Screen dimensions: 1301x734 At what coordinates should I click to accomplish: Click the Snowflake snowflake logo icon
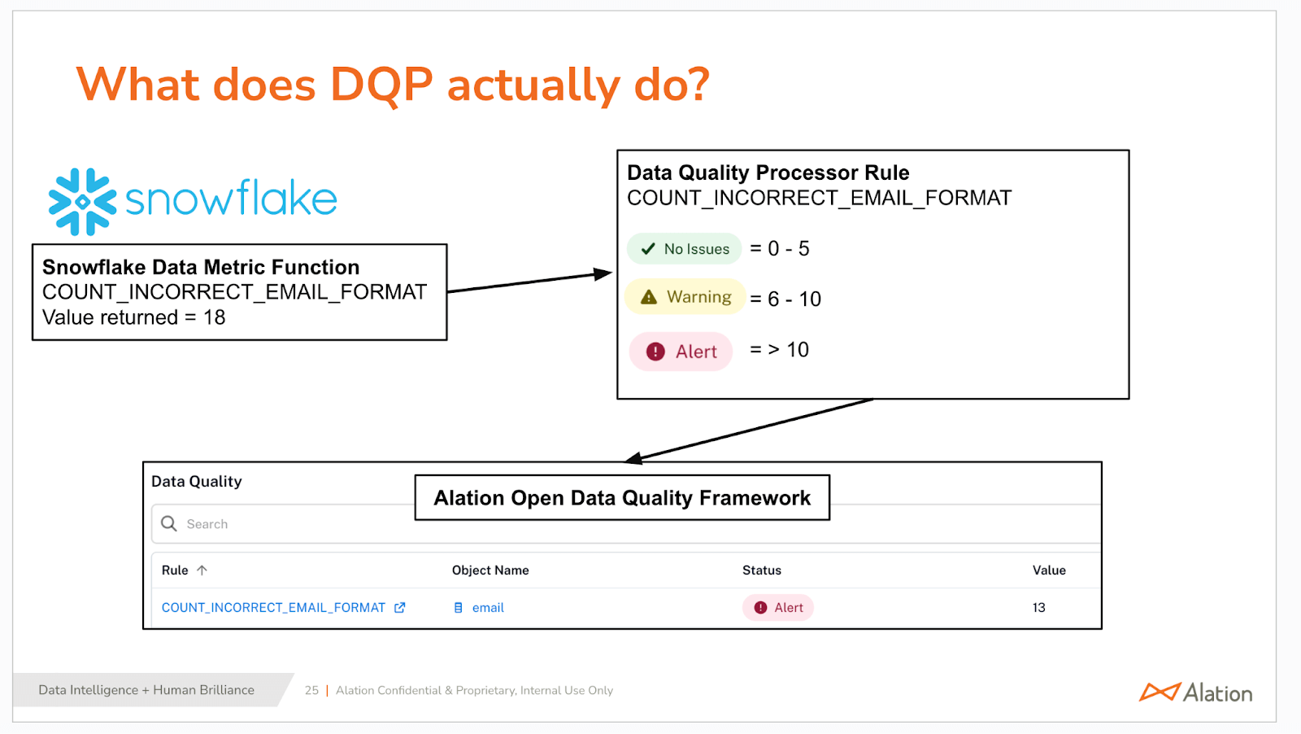point(82,202)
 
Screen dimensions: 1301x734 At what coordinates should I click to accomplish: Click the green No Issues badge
point(684,249)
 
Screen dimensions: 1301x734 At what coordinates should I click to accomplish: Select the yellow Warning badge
point(685,297)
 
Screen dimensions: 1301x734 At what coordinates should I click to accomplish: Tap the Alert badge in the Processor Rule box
point(681,352)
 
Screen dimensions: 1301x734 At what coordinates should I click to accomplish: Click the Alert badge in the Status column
point(777,607)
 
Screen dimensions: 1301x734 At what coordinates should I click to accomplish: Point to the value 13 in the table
point(1038,607)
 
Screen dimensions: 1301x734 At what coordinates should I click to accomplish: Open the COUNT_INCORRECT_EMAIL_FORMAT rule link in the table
point(273,607)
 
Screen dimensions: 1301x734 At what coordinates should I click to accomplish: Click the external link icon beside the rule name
point(399,607)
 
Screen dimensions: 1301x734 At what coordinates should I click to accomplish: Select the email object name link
point(487,607)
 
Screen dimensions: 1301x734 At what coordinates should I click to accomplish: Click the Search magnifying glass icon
point(169,523)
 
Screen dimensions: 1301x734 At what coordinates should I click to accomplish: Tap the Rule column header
point(175,570)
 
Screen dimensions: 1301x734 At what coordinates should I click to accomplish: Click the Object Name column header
point(490,570)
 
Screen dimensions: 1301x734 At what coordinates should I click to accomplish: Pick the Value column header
point(1049,570)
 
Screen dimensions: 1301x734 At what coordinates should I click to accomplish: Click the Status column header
point(761,570)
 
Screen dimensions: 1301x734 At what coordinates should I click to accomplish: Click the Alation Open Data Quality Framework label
point(622,498)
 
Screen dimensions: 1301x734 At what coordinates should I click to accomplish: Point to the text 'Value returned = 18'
point(133,317)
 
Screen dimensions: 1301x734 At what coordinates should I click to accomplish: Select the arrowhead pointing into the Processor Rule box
point(603,273)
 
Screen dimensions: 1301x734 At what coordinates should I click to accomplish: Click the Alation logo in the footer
point(1196,692)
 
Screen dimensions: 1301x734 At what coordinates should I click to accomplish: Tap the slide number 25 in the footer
point(311,690)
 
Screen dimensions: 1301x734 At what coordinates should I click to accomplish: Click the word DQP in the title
point(381,85)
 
